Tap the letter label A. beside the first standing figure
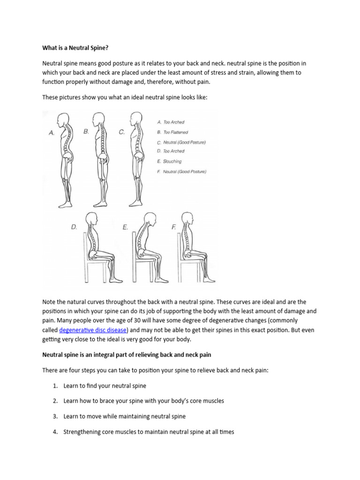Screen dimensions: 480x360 click(x=52, y=133)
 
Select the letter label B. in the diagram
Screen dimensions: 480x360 click(x=86, y=132)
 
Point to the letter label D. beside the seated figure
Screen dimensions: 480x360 click(x=74, y=227)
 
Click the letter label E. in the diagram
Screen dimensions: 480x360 click(x=126, y=227)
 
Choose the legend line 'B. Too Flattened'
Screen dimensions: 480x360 click(x=172, y=132)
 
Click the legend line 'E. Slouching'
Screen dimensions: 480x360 click(x=169, y=161)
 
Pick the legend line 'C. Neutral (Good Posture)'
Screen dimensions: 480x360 click(x=181, y=142)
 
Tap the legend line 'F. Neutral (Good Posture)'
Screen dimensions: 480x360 click(x=181, y=172)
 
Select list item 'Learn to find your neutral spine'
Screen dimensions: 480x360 click(x=105, y=386)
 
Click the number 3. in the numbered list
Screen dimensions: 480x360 click(x=55, y=416)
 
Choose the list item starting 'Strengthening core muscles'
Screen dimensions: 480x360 click(x=148, y=432)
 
